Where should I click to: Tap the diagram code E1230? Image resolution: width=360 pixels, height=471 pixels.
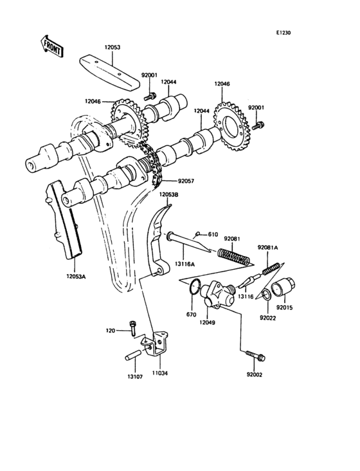(x=283, y=33)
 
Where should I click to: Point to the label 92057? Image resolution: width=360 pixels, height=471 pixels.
(x=187, y=182)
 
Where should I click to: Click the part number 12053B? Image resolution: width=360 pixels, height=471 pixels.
(x=168, y=194)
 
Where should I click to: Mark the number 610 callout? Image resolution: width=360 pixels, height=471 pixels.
(x=213, y=234)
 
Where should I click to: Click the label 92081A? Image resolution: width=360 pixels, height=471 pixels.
(x=269, y=247)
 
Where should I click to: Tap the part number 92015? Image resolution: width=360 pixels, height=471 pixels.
(x=285, y=308)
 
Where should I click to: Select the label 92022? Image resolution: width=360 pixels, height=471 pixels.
(x=268, y=317)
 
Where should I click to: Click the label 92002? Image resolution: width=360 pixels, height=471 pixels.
(x=255, y=374)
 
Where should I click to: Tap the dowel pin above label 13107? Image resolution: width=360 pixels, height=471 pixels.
(x=132, y=355)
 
